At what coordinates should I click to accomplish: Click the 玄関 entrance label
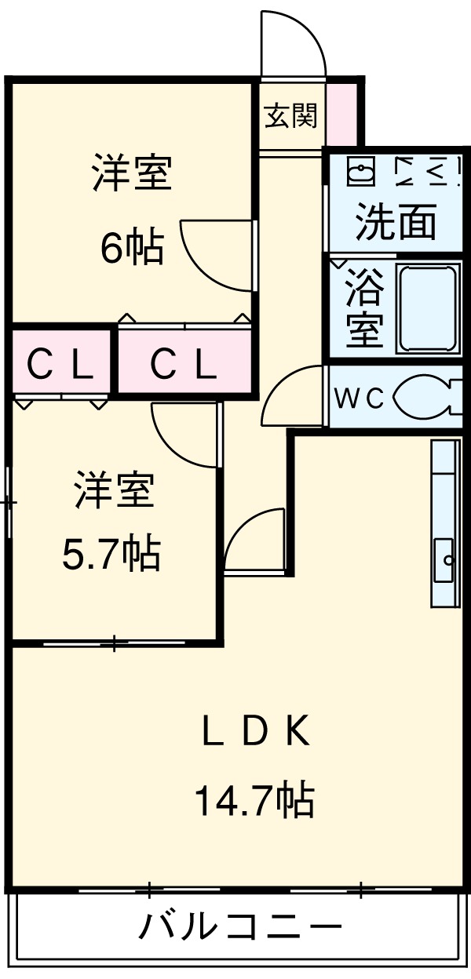[290, 116]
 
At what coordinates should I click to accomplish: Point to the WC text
[360, 399]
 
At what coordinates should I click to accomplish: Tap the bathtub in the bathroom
[429, 308]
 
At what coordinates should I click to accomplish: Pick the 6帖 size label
[132, 249]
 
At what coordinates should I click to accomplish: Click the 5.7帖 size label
[111, 554]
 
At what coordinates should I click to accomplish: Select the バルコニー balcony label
[240, 927]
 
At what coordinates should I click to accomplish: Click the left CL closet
[60, 363]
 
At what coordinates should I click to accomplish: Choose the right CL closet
[184, 363]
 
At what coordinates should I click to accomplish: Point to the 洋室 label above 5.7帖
[113, 491]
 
